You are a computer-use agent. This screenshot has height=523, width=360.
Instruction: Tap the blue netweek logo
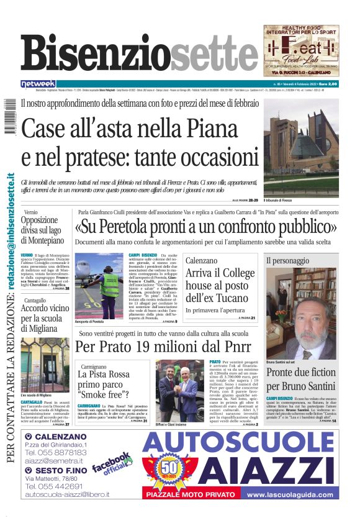38,84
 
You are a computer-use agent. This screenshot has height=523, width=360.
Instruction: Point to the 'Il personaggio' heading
287,261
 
